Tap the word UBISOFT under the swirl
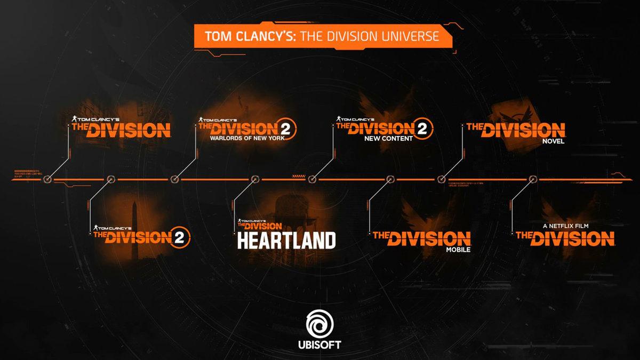tap(319, 345)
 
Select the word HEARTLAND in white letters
tap(286, 241)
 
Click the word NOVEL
tap(553, 141)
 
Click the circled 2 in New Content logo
tap(423, 129)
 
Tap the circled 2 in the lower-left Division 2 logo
tap(180, 237)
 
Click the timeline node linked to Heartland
tap(254, 179)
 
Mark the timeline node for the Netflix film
tap(532, 179)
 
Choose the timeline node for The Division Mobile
tap(389, 179)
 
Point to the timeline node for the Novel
tap(441, 179)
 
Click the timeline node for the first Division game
tap(47, 179)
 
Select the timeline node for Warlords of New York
tap(174, 179)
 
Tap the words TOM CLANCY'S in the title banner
tap(251, 36)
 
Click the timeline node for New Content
tap(313, 179)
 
